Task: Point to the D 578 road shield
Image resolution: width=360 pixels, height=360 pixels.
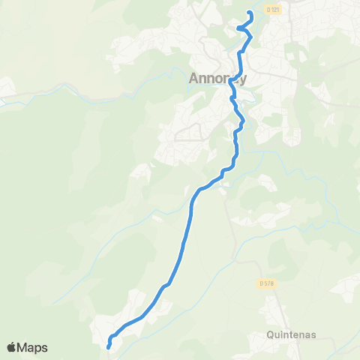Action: point(265,283)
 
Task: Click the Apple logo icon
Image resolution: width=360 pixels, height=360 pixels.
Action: point(12,347)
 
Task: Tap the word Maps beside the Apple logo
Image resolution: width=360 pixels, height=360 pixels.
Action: point(33,347)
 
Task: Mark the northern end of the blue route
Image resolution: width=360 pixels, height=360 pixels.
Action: point(249,13)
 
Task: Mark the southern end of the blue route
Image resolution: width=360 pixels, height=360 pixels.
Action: point(109,346)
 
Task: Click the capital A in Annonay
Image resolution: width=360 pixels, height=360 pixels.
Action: point(193,78)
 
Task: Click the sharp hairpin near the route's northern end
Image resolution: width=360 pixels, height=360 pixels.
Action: point(238,28)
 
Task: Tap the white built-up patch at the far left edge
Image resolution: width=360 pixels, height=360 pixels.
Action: point(6,88)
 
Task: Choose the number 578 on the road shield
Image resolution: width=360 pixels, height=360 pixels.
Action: point(268,283)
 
